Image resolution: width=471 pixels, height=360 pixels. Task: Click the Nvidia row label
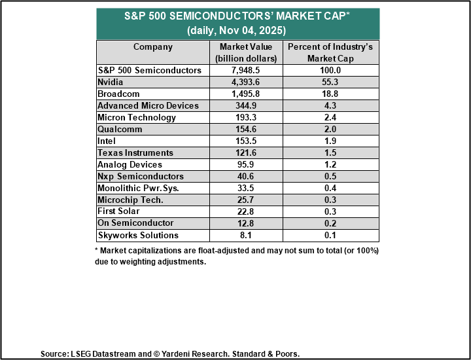point(111,82)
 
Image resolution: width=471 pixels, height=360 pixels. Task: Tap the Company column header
point(153,47)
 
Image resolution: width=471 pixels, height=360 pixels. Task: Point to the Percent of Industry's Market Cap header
point(331,52)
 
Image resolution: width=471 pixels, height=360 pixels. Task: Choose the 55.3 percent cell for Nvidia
point(331,82)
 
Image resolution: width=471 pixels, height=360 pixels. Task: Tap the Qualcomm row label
point(119,130)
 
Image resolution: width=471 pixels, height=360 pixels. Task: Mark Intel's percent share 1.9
point(331,141)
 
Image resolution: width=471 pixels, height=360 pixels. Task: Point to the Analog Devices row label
point(130,165)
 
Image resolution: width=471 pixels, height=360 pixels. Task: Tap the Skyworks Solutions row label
point(137,235)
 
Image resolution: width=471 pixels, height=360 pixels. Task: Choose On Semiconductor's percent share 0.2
point(331,223)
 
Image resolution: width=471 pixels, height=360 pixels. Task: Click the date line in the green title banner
point(237,31)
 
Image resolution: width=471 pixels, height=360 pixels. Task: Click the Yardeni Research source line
point(169,353)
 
